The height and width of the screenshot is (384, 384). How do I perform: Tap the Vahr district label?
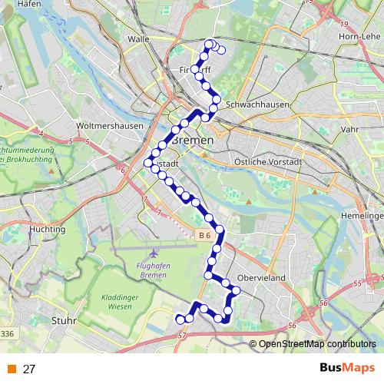(349, 130)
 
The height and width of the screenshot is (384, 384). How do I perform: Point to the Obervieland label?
(263, 277)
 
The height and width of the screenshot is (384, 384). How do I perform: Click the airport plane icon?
(154, 252)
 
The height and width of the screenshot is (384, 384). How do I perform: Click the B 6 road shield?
(203, 235)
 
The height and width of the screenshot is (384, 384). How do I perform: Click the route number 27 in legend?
(29, 369)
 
